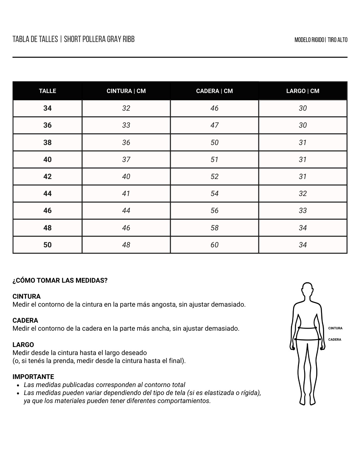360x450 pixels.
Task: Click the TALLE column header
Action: click(47, 91)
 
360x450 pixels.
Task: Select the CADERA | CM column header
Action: click(214, 91)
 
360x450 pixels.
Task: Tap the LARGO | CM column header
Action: click(303, 91)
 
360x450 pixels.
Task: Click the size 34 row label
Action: click(47, 108)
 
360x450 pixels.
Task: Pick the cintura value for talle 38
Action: click(126, 142)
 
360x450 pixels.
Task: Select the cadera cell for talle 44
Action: click(214, 193)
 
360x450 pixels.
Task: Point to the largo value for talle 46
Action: click(303, 210)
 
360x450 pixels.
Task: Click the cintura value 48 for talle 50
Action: click(126, 245)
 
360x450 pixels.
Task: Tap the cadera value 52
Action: click(214, 176)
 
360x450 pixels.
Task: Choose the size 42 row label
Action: click(47, 176)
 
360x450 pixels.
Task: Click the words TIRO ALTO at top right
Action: click(337, 40)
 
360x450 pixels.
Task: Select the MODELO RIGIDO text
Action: click(309, 40)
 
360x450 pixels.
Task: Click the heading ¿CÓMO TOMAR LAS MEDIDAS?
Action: click(60, 280)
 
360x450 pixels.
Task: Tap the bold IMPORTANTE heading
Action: click(33, 377)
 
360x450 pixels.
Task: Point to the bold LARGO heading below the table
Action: click(23, 345)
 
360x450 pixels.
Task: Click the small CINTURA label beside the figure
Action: click(335, 328)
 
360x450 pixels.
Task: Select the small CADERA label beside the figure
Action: click(335, 340)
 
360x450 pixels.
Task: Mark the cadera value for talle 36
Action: click(214, 125)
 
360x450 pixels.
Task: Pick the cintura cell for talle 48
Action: click(126, 228)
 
